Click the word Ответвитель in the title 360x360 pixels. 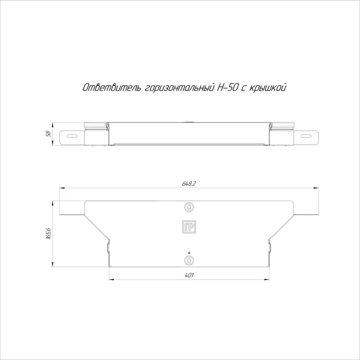(111, 88)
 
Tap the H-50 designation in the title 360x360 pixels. (228, 87)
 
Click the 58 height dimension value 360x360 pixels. (48, 134)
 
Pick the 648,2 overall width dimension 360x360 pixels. (189, 184)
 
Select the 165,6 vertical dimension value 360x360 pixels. (48, 234)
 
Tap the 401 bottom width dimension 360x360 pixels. (189, 275)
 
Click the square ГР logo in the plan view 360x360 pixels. (189, 227)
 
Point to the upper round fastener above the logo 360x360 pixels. (189, 207)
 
